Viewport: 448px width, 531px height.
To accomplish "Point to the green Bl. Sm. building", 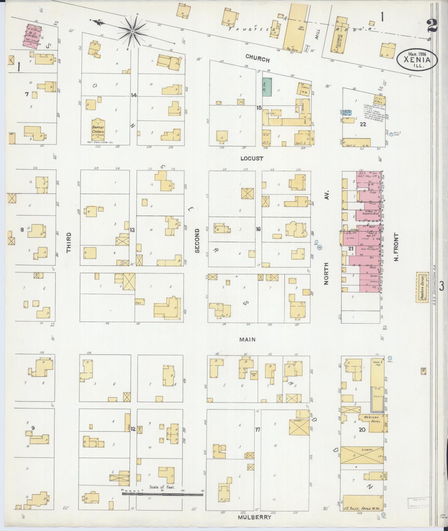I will [267, 87].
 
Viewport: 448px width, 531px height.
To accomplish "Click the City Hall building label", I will [379, 100].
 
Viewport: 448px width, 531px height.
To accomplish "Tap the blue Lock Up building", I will [347, 112].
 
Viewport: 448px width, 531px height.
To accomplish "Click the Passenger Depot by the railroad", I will [421, 287].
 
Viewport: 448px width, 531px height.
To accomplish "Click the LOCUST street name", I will [252, 158].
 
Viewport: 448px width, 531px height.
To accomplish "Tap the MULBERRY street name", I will [254, 517].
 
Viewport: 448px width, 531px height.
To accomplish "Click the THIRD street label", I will [69, 242].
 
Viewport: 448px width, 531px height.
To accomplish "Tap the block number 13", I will [132, 230].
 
